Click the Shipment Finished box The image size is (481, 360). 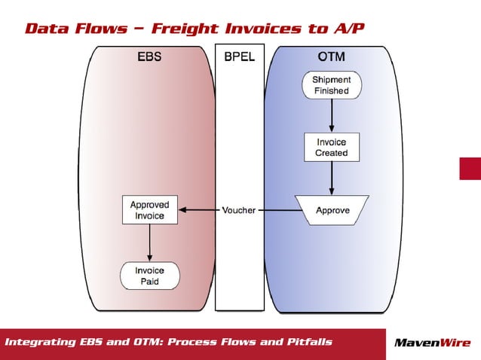pyautogui.click(x=332, y=84)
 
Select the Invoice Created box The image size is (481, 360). pyautogui.click(x=332, y=147)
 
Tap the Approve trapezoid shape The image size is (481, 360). pyautogui.click(x=332, y=210)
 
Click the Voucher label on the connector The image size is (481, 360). pyautogui.click(x=239, y=210)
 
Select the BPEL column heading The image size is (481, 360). pyautogui.click(x=239, y=56)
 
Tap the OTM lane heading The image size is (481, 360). pyautogui.click(x=332, y=56)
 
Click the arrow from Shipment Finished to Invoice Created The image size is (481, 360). pyautogui.click(x=332, y=116)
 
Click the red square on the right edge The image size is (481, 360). pyautogui.click(x=470, y=169)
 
